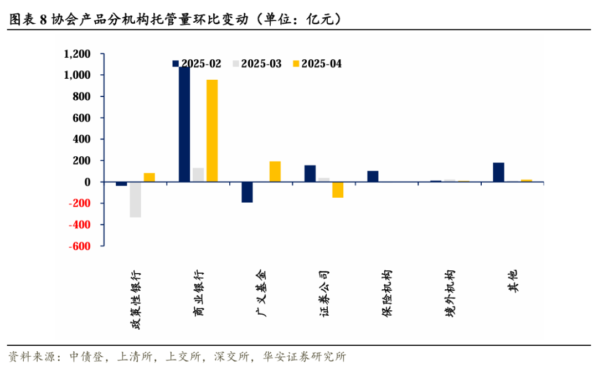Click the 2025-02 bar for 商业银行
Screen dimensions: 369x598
pos(184,125)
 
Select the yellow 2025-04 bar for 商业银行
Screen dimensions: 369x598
pos(212,131)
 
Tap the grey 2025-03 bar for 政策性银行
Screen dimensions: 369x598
pos(135,199)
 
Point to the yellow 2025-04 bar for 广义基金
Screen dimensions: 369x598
pos(275,171)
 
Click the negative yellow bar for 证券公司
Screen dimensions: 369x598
pos(338,189)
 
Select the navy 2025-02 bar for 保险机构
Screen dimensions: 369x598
pos(373,176)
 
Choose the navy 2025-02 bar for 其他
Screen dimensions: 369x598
pos(498,172)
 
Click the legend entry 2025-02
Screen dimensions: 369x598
pos(197,64)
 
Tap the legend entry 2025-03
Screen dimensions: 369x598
pos(256,64)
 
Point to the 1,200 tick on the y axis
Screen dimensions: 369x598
pos(77,54)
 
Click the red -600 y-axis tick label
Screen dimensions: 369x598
pos(80,246)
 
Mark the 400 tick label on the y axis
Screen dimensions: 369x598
pos(82,139)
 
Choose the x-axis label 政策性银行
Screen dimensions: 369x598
pos(136,300)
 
